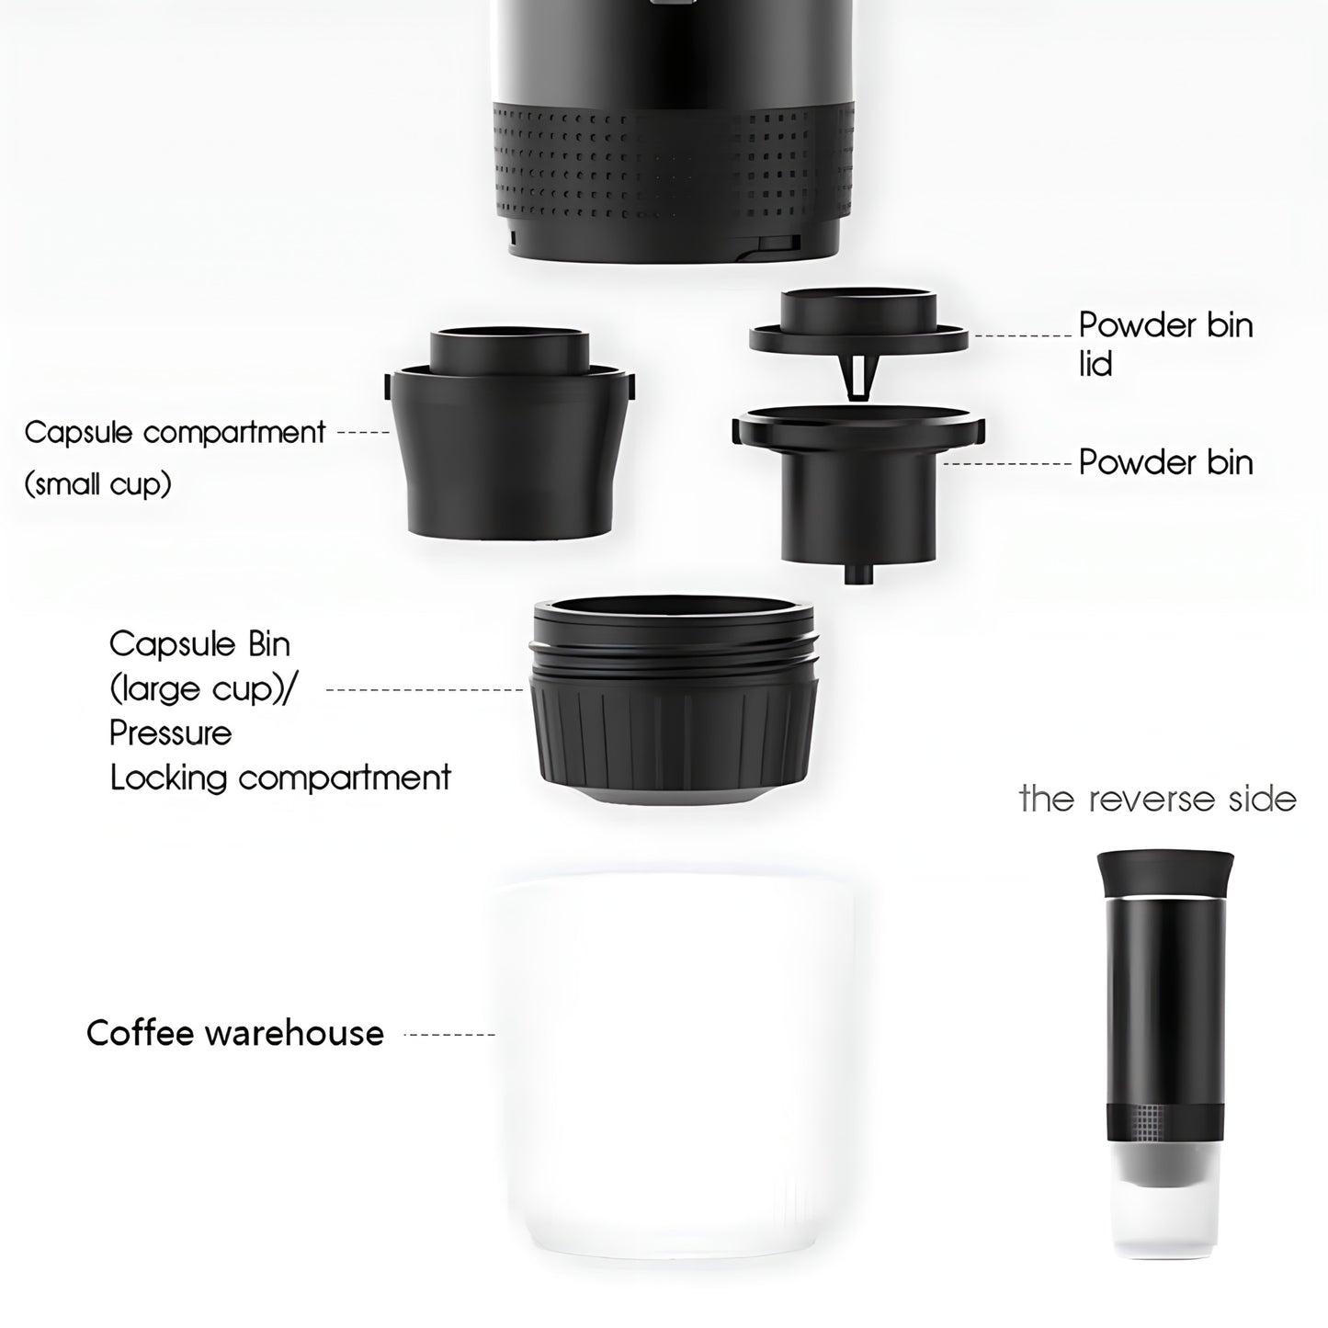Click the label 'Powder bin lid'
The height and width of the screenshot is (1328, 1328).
[x=1165, y=343]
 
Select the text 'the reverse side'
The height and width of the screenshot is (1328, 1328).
[x=1157, y=800]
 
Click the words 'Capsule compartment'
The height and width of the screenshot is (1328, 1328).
[x=175, y=434]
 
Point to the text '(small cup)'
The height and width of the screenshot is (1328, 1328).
[x=97, y=483]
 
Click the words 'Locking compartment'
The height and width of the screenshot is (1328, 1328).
[x=280, y=778]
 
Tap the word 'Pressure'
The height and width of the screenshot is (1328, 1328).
[x=171, y=732]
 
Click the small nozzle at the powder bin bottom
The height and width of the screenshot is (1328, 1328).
[x=858, y=572]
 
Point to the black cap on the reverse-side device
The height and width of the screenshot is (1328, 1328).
[x=1165, y=876]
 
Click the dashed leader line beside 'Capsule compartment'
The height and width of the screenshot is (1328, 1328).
[x=364, y=433]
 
